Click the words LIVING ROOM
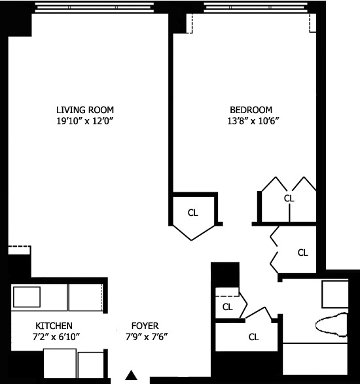(x=89, y=109)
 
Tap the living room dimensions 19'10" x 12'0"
(x=89, y=121)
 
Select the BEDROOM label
(x=251, y=109)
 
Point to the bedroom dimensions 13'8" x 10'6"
(x=251, y=121)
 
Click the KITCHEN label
(x=54, y=326)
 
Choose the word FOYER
(x=145, y=326)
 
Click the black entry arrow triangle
(x=132, y=375)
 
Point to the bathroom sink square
(x=337, y=294)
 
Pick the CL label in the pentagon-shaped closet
(x=193, y=213)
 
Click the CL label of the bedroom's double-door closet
(x=289, y=198)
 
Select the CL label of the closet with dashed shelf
(x=228, y=306)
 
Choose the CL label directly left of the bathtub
(x=253, y=338)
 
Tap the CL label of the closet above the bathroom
(x=302, y=252)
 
